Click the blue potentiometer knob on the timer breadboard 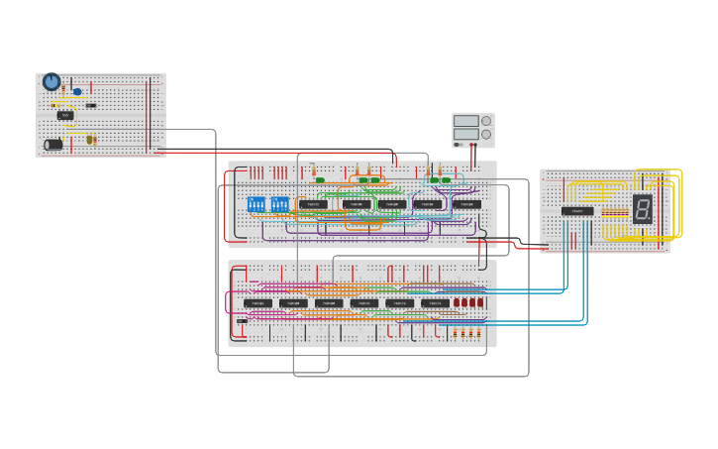(x=51, y=81)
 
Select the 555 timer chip (x=65, y=115)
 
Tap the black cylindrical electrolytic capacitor (x=53, y=145)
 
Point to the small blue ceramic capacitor (x=77, y=92)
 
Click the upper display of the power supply (x=465, y=121)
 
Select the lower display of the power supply (x=465, y=135)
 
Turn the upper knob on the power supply (x=486, y=121)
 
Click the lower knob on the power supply (x=486, y=135)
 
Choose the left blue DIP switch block (x=256, y=204)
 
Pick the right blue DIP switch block (x=280, y=204)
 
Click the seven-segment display (x=642, y=208)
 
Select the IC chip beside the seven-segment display (x=577, y=211)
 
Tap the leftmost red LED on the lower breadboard (x=457, y=302)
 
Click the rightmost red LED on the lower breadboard (x=481, y=302)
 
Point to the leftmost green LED (x=320, y=180)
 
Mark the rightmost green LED (x=447, y=180)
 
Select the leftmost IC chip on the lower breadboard (x=257, y=303)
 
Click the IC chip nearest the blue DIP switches (x=313, y=205)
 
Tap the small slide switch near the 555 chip (x=91, y=105)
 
